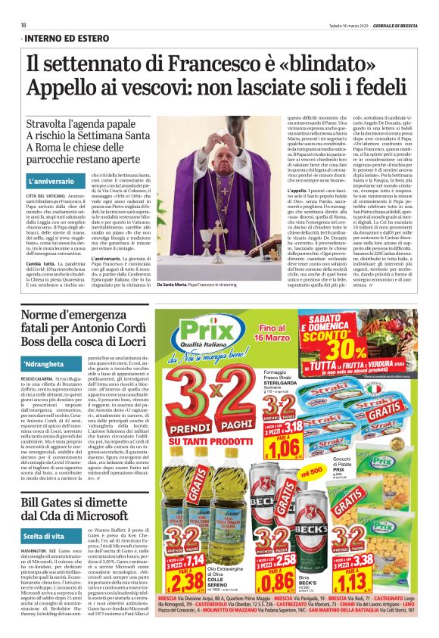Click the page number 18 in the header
coord(23,25)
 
